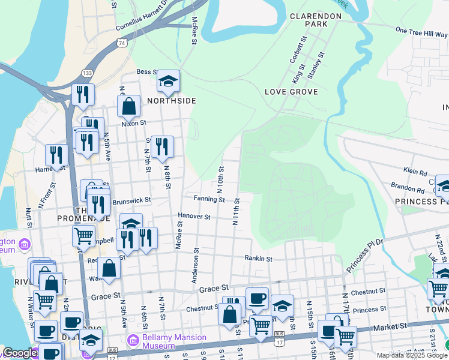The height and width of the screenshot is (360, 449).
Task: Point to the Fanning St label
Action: (x=209, y=199)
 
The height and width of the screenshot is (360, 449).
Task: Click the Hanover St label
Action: (x=194, y=216)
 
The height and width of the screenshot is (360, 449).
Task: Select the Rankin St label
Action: (x=259, y=259)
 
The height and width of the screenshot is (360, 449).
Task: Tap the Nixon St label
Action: (x=134, y=123)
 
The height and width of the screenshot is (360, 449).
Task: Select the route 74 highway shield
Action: (x=122, y=43)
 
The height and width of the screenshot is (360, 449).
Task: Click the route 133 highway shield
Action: (x=88, y=73)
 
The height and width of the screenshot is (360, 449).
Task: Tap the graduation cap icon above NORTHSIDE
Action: (x=169, y=81)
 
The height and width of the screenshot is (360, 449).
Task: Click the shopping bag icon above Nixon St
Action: (x=128, y=107)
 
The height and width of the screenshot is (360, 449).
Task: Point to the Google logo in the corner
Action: (x=20, y=353)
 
